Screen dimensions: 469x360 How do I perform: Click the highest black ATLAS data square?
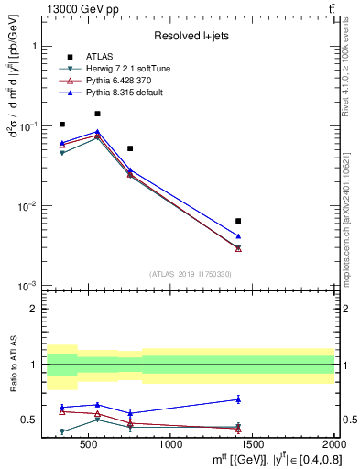coord(97,114)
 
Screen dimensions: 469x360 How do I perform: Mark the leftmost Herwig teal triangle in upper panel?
coord(62,153)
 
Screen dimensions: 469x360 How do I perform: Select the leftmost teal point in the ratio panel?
coord(62,431)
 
